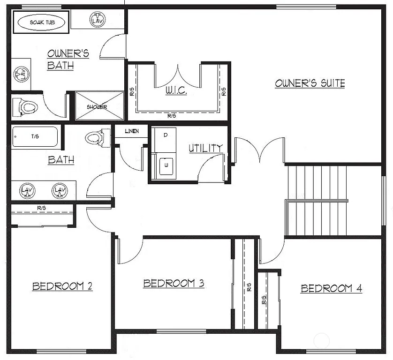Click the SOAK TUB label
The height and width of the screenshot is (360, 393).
coord(42,22)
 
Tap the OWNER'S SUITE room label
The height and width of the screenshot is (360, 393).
coord(310,83)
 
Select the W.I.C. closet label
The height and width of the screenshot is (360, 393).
coord(176,90)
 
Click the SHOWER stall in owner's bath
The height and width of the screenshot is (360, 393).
coord(97,106)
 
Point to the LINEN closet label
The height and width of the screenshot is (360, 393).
coord(132,131)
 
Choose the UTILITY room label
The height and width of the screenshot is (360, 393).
coord(205,148)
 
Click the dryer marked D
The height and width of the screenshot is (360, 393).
coord(166,135)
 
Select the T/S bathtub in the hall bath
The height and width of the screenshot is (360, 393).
coord(35,136)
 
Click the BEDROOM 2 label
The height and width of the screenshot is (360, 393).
coord(62,286)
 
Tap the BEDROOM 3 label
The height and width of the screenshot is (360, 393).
coord(174,283)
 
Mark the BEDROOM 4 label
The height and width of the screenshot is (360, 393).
coord(331,288)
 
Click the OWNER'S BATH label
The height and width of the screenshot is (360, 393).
coord(68,59)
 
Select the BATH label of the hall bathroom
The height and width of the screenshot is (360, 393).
coord(61,160)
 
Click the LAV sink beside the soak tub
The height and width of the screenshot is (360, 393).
coord(98,20)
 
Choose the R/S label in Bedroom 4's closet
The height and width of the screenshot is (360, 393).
coord(264,300)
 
